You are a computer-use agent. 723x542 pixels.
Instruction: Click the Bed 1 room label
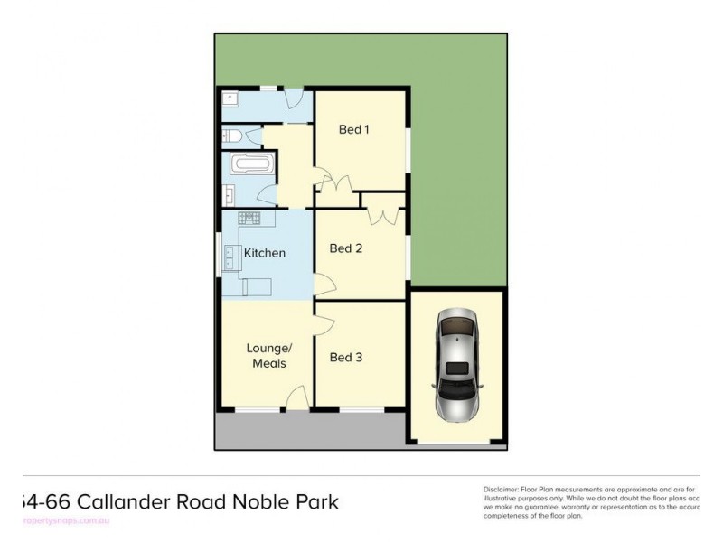coord(354,129)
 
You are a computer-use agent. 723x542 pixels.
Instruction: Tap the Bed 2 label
coord(345,248)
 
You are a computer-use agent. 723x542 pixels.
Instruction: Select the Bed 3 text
coord(345,357)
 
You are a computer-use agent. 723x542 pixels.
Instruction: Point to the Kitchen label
coord(265,253)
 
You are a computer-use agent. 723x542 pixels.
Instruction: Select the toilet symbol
coord(231,137)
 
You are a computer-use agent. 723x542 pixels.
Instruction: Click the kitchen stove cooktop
coord(249,219)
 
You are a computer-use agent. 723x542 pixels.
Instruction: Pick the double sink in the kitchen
coord(230,258)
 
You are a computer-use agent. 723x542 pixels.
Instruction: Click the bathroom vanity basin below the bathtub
coord(228,194)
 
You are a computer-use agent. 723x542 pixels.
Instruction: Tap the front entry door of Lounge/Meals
coord(296,397)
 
